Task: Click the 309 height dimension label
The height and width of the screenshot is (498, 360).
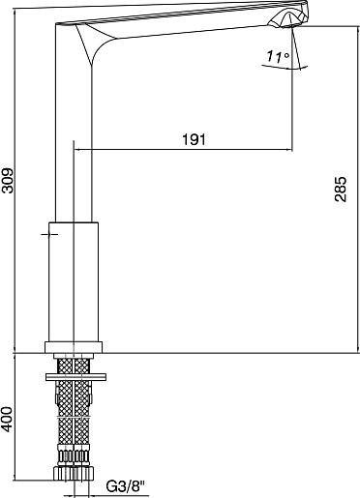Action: click(x=8, y=180)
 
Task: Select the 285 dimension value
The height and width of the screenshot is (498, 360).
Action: click(x=340, y=189)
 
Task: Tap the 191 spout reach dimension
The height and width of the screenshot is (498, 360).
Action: click(x=194, y=139)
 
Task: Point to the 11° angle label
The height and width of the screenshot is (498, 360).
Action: click(x=278, y=57)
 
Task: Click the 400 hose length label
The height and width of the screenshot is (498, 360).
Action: click(x=8, y=419)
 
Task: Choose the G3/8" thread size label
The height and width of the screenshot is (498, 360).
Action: click(x=126, y=486)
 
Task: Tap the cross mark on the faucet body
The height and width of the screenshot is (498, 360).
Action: click(x=49, y=234)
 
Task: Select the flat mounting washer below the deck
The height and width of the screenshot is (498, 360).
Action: click(x=76, y=377)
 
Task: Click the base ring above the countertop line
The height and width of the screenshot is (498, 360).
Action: click(x=74, y=347)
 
